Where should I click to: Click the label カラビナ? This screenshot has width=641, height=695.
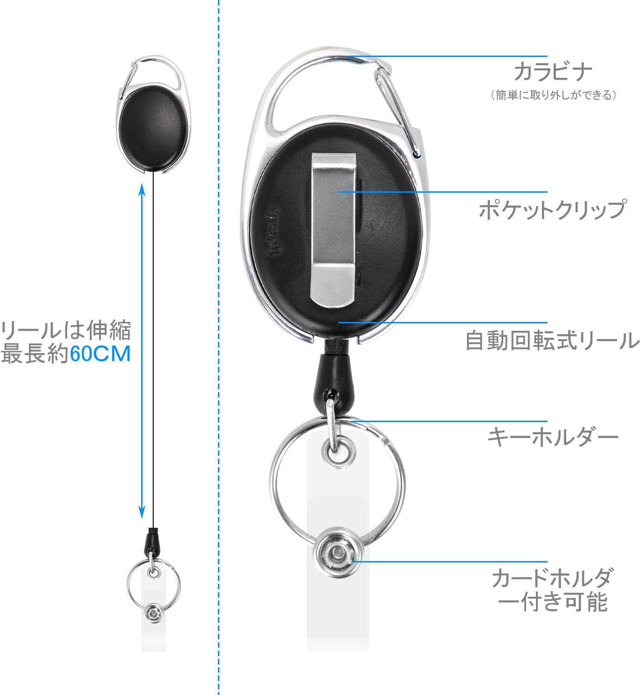(553, 72)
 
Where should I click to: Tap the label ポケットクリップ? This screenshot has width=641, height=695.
(553, 209)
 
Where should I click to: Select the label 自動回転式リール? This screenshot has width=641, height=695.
(553, 341)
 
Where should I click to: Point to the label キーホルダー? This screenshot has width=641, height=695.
(553, 437)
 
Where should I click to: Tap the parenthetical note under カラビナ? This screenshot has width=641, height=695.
(553, 95)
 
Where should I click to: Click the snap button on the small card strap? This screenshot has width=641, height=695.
(152, 614)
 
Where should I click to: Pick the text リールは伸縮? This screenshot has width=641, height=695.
(66, 330)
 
